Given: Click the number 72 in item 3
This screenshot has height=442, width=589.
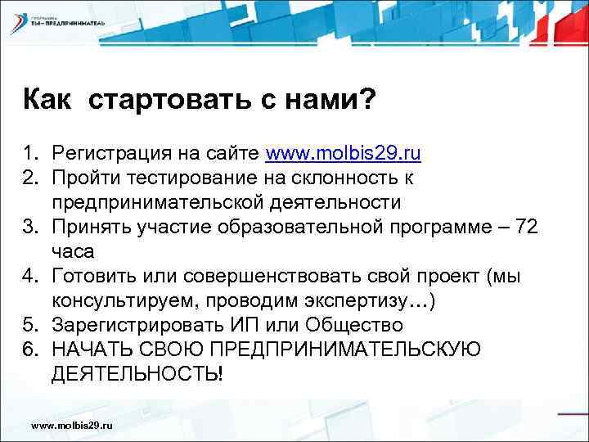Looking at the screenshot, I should (524, 226).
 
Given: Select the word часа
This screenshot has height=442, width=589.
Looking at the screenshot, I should (71, 250).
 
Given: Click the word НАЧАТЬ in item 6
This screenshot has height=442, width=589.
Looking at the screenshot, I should (86, 349).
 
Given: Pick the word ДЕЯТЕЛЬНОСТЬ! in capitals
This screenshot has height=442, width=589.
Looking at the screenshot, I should (136, 373).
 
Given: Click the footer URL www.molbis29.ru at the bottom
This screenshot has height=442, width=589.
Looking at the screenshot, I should (71, 426).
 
